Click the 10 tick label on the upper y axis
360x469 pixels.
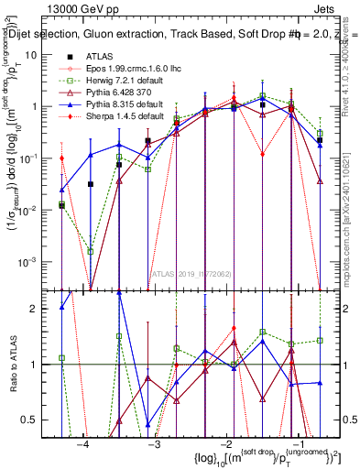pyautogui.click(x=37, y=54)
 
